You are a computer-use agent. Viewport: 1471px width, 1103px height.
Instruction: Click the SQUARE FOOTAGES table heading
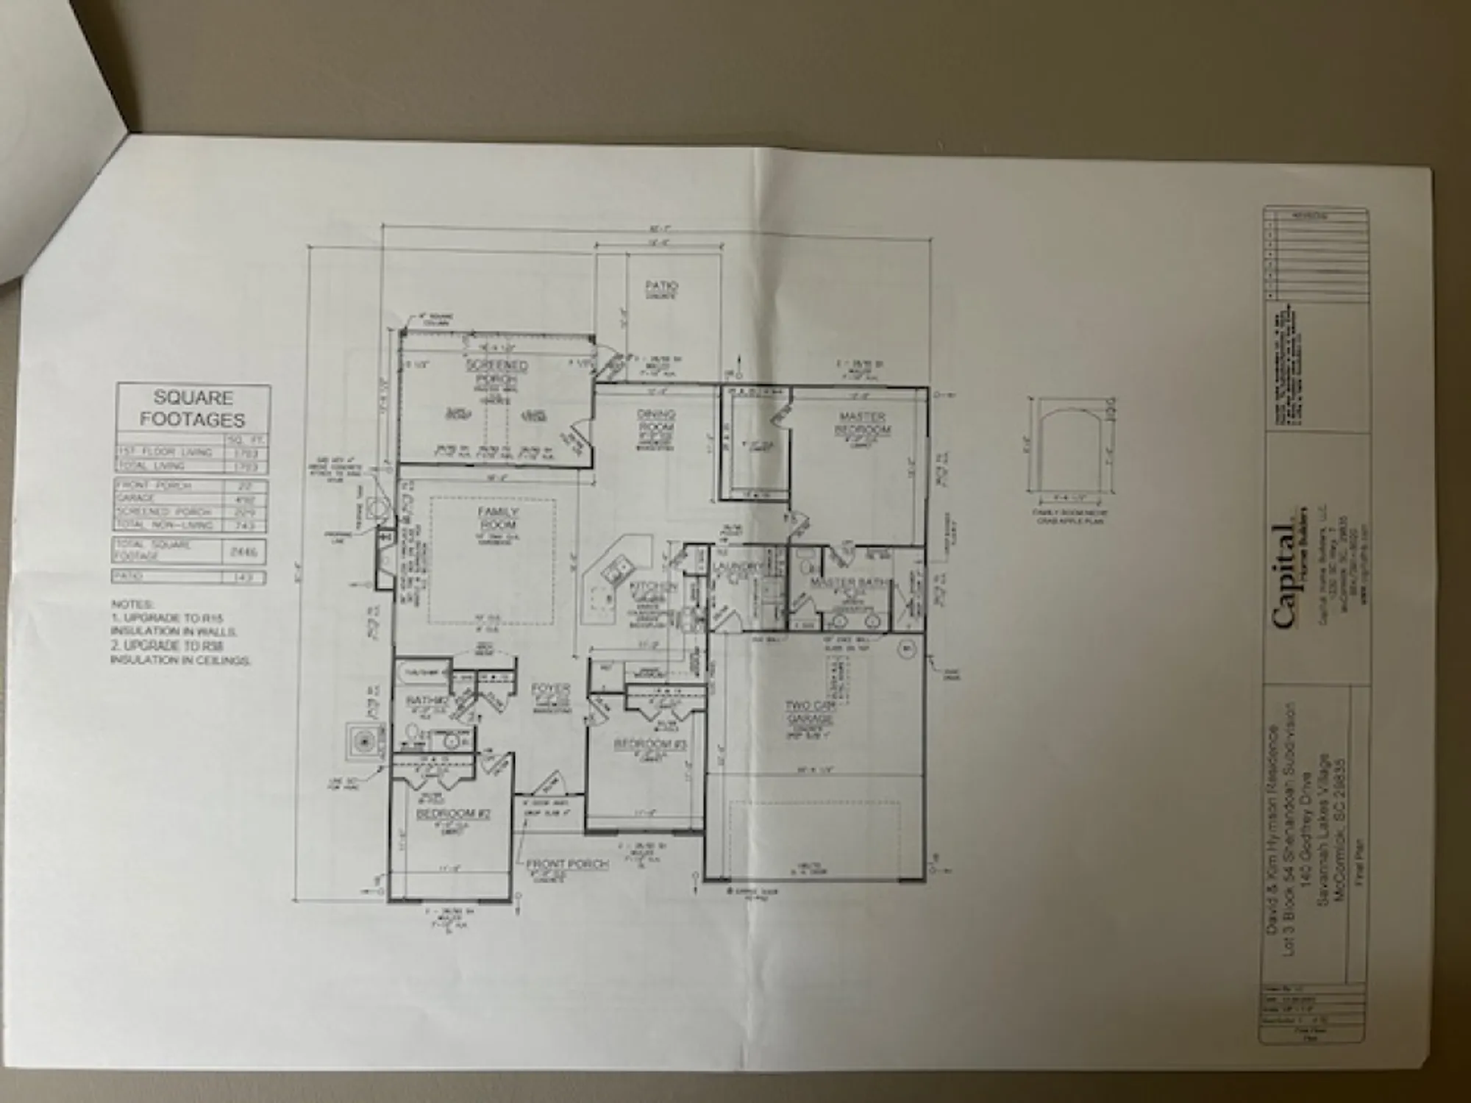[193, 408]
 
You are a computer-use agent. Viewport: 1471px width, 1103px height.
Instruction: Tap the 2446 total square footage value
[245, 551]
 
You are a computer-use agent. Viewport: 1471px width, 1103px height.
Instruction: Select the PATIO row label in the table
[128, 577]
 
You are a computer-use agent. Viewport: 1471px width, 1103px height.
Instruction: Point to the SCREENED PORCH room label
[497, 371]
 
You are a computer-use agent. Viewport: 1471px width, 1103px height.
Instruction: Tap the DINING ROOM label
[656, 420]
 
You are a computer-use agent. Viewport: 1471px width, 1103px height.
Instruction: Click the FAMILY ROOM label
[498, 518]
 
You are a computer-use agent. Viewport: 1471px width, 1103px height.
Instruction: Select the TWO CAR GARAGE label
[809, 712]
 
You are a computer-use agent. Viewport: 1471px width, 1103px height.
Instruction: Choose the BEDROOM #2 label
[453, 814]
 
